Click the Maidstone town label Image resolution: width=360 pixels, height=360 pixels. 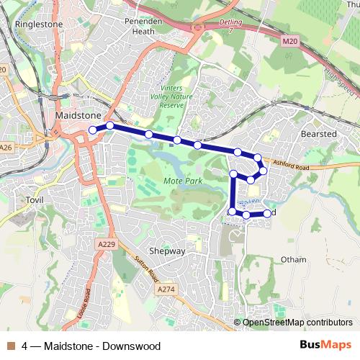point(77,115)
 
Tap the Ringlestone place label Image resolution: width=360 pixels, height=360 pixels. point(39,24)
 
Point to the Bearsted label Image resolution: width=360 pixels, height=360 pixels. point(318,134)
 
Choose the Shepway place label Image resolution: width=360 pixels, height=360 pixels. point(166,251)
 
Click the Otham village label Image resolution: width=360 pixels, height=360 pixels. point(293,259)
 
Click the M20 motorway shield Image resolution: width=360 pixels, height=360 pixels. point(289,42)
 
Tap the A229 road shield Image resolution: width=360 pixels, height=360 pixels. point(106,245)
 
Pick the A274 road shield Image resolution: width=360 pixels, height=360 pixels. point(166,289)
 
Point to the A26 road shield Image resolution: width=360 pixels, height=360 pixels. point(6,147)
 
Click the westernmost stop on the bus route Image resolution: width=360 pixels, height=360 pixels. point(92,130)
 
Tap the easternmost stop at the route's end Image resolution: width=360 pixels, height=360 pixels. point(267,213)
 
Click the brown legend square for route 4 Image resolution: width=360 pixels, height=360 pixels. point(11,346)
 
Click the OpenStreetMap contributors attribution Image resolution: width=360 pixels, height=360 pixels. point(297,323)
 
